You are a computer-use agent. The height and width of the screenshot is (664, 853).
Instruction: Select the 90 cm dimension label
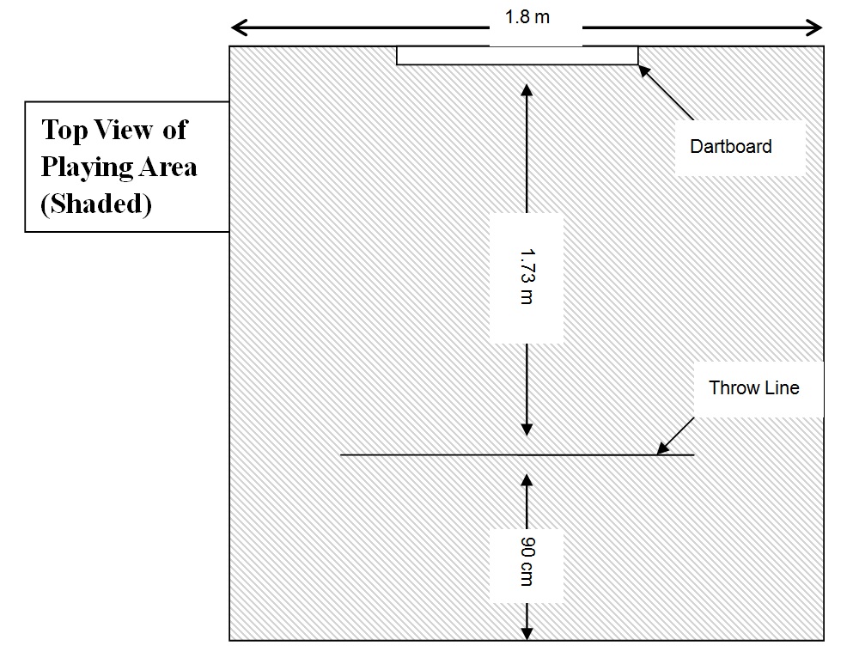tap(527, 563)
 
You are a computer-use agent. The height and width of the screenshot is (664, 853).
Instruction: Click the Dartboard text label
tap(730, 147)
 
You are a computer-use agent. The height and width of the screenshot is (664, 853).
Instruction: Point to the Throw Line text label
tap(753, 388)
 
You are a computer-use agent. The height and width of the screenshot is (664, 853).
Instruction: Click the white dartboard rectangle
tap(517, 56)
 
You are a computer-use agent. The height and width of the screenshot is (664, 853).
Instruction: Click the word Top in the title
tap(61, 131)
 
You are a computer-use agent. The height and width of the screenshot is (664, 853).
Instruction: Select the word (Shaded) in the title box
tap(96, 204)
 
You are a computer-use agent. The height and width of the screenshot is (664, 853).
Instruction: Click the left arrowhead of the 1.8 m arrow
tap(237, 27)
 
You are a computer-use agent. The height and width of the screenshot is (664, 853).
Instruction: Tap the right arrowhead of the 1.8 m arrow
tap(816, 27)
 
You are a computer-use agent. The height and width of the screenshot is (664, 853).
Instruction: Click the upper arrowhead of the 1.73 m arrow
tap(527, 88)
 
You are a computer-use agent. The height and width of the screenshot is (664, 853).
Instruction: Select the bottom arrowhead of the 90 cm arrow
tap(527, 633)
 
